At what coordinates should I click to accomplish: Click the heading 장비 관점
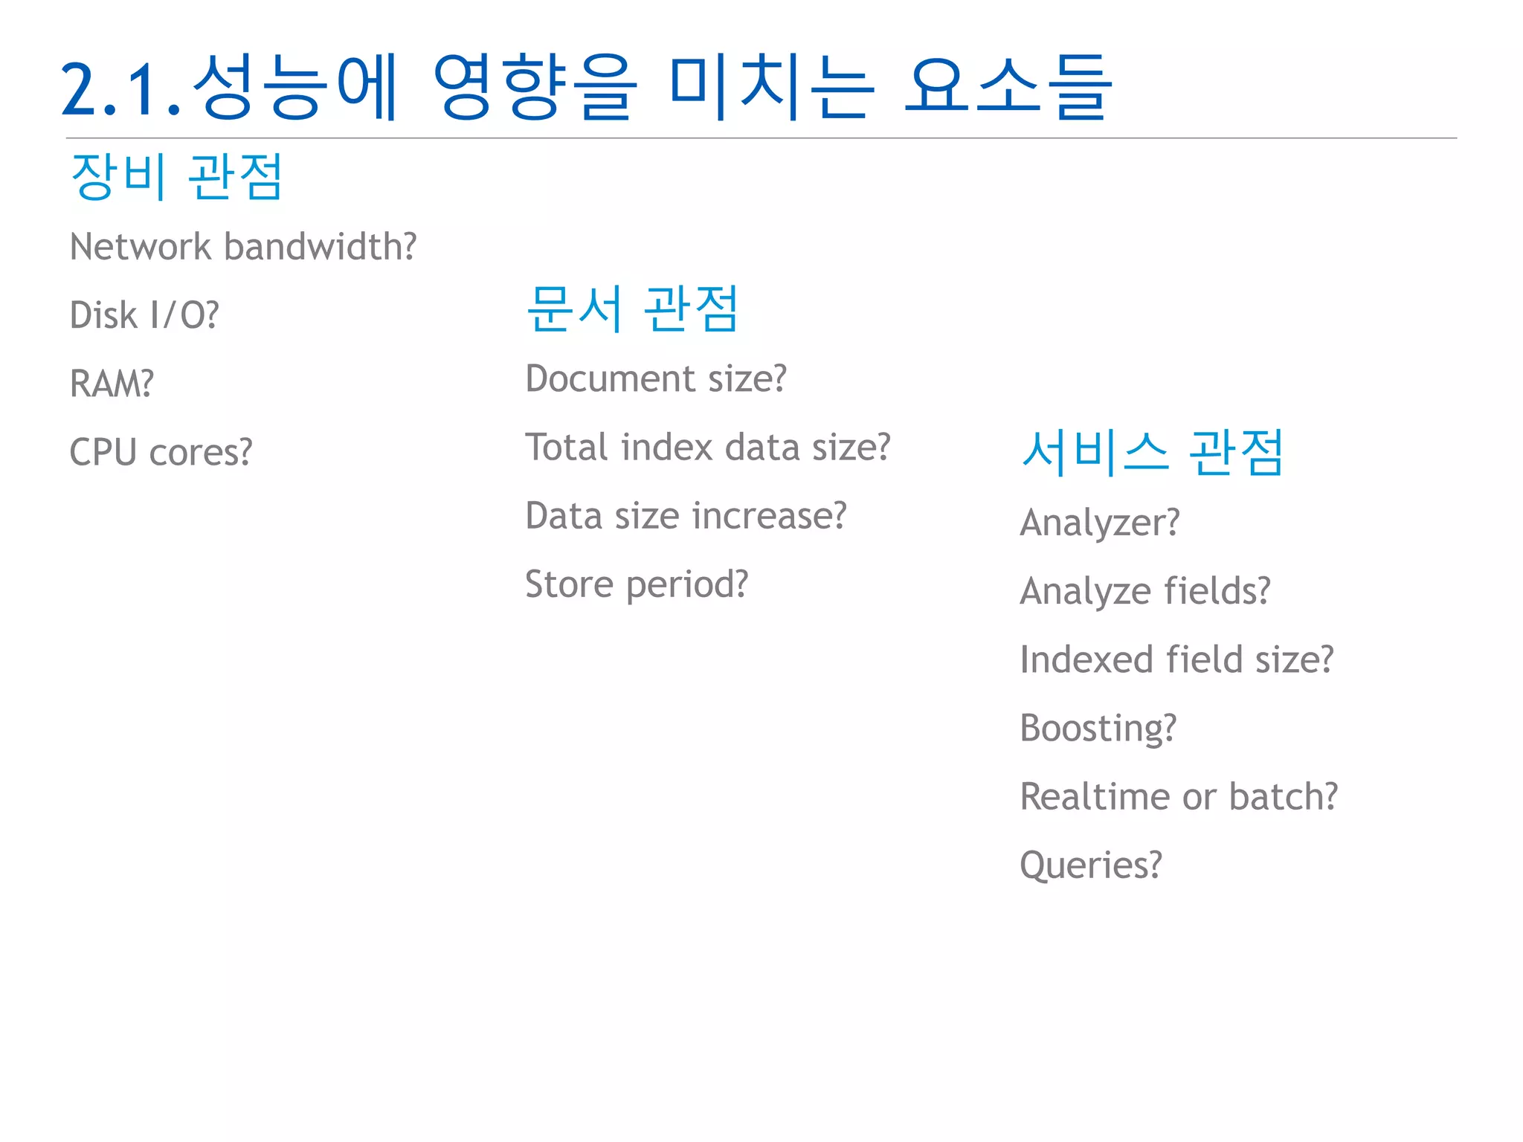pos(176,176)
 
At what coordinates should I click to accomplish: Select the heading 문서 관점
pos(632,308)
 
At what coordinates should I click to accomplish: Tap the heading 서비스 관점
pos(1152,452)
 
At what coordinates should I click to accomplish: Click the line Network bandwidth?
pos(243,247)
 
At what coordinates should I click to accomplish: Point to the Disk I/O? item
pos(144,315)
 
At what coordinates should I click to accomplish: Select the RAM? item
pos(112,384)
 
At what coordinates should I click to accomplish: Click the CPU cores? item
pos(161,452)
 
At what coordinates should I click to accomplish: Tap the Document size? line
pos(655,378)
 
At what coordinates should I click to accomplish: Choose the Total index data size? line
pos(707,448)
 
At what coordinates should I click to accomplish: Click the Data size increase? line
pos(686,516)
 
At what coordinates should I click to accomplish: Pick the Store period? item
pos(637,584)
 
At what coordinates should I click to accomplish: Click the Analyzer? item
pos(1099,523)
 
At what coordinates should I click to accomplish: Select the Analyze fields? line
pos(1144,591)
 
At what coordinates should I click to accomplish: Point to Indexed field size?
pos(1176,659)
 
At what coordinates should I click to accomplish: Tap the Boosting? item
pos(1098,728)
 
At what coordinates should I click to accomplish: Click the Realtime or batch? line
pos(1178,796)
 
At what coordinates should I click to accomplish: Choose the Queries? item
pos(1090,865)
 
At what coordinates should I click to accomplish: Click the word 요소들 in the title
pos(1008,88)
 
